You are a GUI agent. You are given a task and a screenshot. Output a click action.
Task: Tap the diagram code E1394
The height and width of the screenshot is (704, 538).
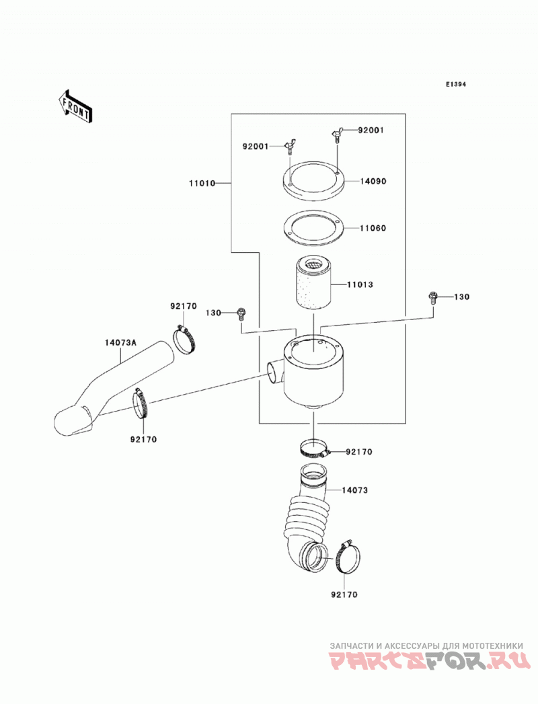coord(456,84)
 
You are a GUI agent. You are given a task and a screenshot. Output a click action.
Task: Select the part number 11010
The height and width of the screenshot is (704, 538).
coord(202,183)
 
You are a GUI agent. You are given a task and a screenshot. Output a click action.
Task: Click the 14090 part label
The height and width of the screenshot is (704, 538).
coord(373,182)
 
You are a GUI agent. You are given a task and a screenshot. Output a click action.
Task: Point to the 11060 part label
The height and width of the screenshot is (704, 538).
coord(373,228)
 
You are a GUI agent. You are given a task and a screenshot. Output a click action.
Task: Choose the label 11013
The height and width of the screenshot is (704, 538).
coord(360,284)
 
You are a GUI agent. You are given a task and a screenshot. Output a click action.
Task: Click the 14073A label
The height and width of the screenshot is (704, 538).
coord(120,342)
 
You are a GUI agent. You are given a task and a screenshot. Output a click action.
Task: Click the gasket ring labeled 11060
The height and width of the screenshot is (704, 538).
coord(313,229)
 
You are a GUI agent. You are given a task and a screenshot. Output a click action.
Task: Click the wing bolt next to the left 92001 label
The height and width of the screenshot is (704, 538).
coord(289,147)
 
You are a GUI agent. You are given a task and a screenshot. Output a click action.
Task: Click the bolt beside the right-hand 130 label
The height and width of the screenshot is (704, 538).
coord(433,298)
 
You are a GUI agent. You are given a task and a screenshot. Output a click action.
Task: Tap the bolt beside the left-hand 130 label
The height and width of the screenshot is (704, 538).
coord(241,313)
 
